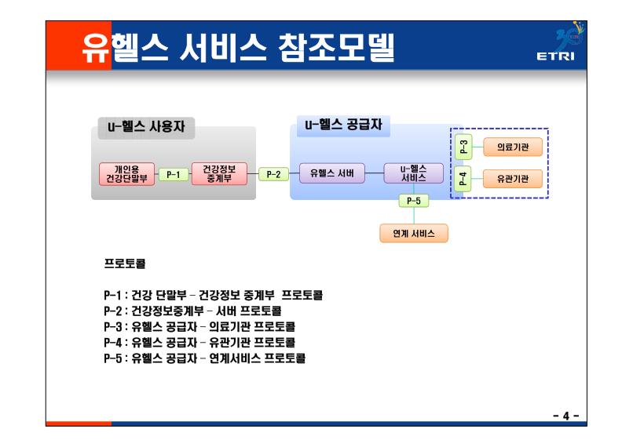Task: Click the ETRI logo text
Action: (555, 56)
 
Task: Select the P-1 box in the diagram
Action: (174, 175)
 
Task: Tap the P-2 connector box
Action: (273, 174)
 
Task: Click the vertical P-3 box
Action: (463, 147)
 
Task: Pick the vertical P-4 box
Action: (463, 178)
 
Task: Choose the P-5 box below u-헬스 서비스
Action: (413, 201)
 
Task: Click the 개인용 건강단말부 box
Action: (126, 174)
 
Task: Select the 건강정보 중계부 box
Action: (219, 174)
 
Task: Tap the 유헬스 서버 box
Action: (332, 173)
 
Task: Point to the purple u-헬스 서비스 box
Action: (413, 173)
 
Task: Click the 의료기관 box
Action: (513, 147)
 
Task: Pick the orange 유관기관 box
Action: (513, 179)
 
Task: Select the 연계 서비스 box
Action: (414, 234)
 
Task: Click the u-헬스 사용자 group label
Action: (146, 127)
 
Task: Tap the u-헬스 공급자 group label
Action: (343, 125)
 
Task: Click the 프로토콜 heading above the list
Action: (125, 263)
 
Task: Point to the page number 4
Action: (566, 416)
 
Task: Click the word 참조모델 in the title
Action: (336, 49)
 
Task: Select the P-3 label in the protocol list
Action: (112, 326)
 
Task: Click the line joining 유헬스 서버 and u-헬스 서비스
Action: (375, 173)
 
